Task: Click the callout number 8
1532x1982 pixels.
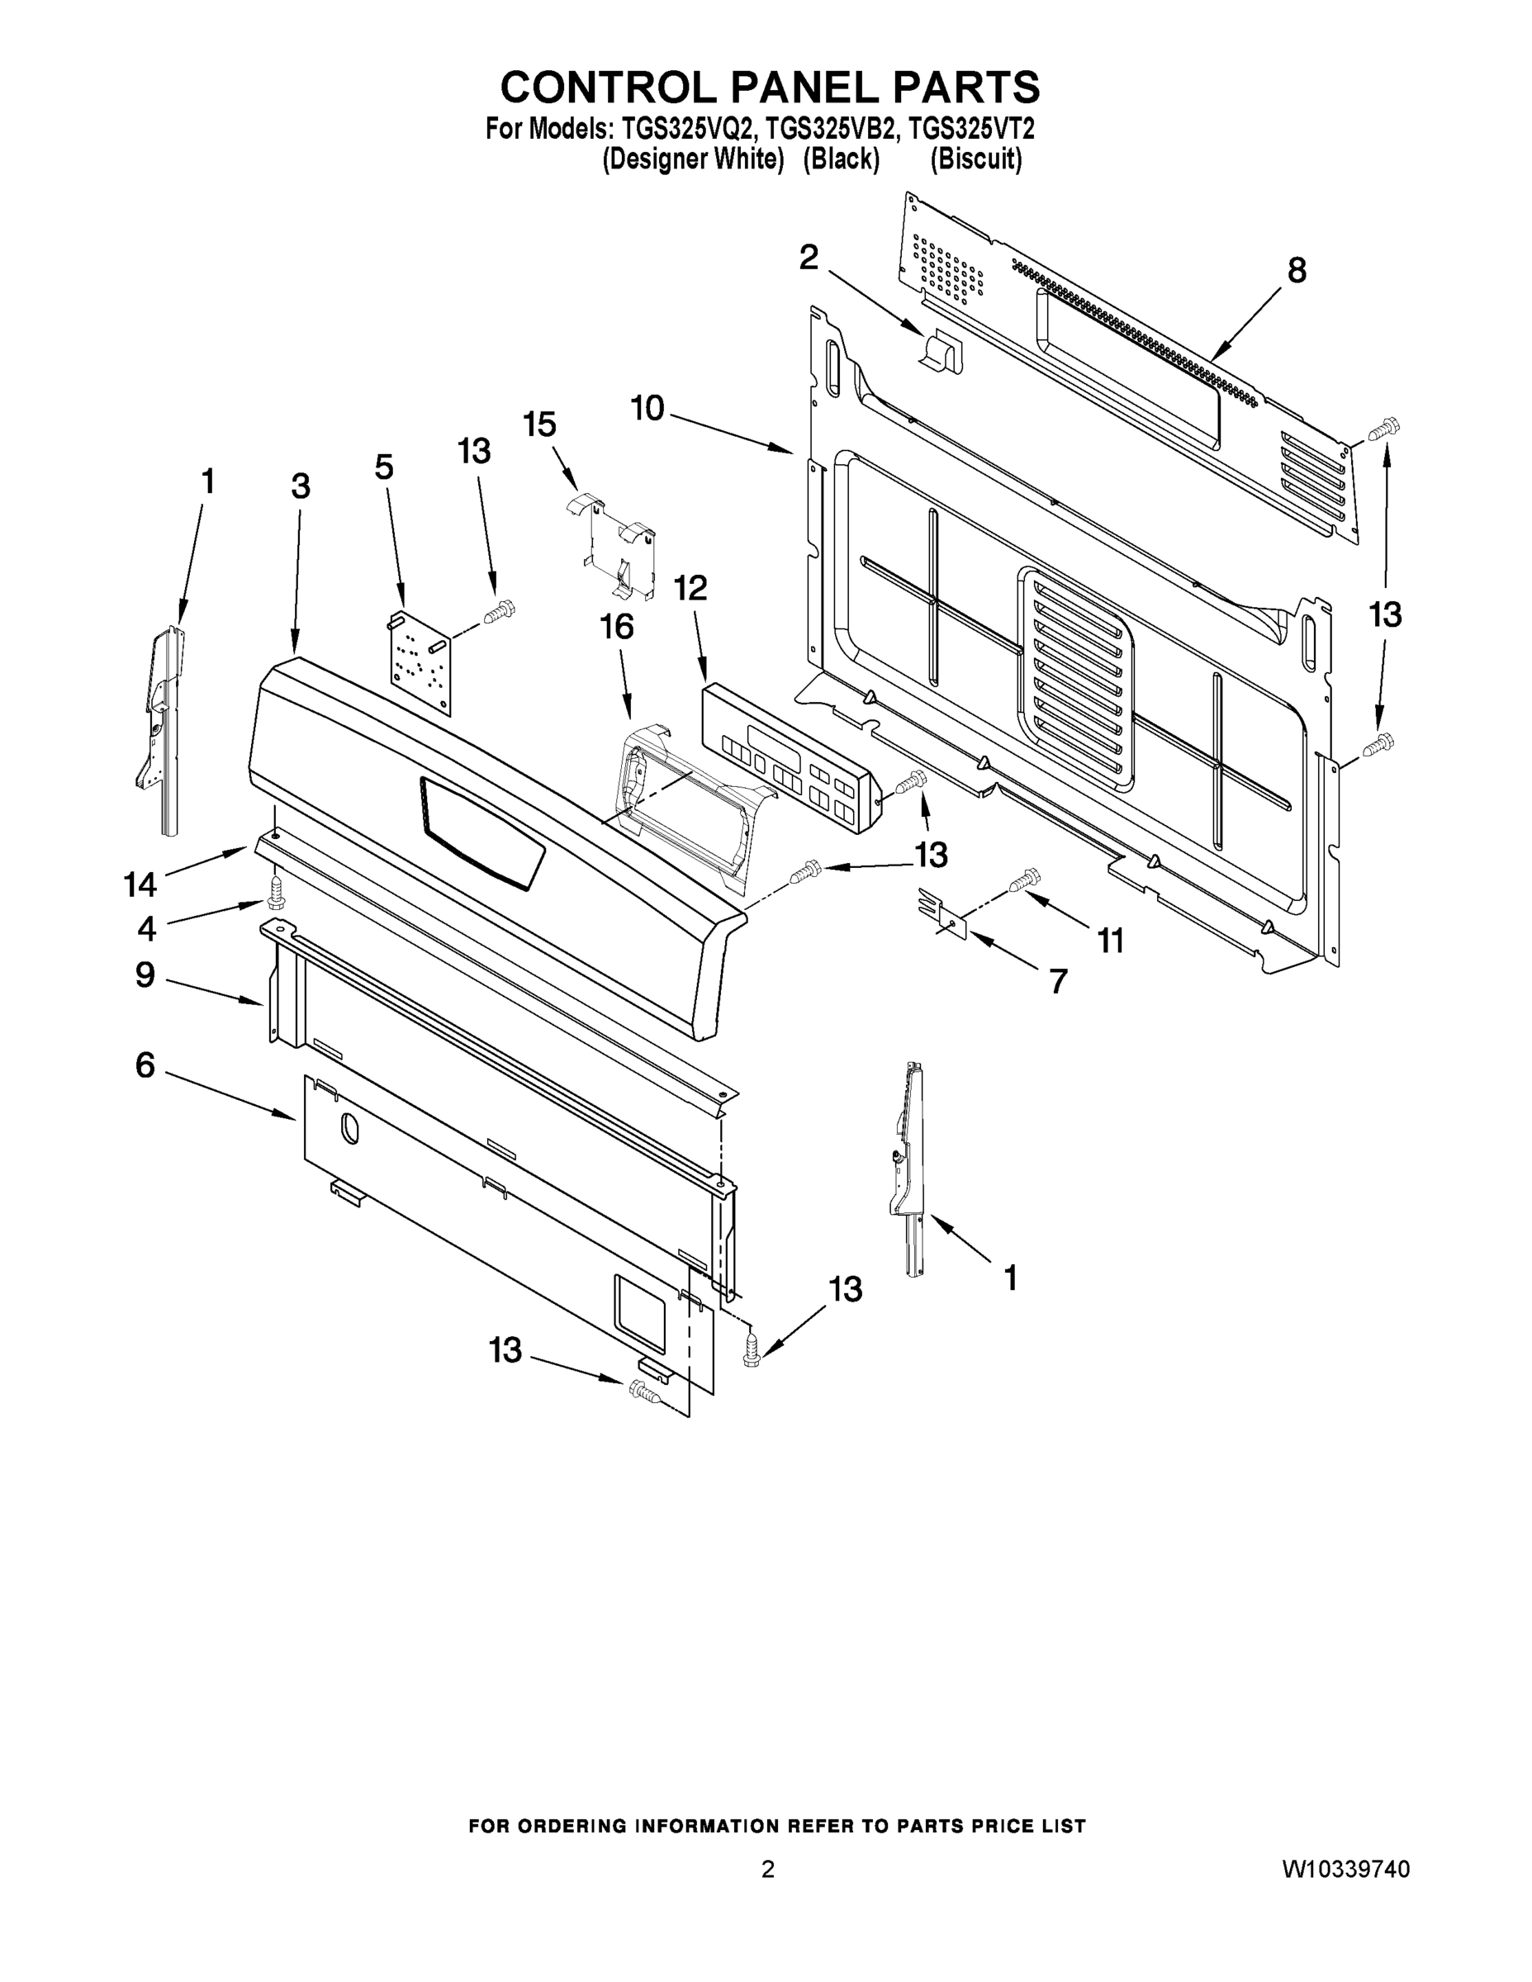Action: (1297, 269)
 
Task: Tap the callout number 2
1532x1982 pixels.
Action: (808, 258)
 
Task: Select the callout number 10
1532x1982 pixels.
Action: (648, 409)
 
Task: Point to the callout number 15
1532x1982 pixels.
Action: (540, 424)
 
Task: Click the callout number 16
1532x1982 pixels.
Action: (617, 627)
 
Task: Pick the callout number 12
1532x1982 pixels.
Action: (690, 588)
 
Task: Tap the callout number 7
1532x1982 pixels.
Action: (1058, 981)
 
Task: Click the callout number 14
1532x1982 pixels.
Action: (140, 883)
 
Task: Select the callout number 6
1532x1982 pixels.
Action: (145, 1064)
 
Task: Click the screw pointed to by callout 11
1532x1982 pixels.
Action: (1027, 879)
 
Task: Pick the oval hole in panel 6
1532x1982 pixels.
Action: (349, 1128)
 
